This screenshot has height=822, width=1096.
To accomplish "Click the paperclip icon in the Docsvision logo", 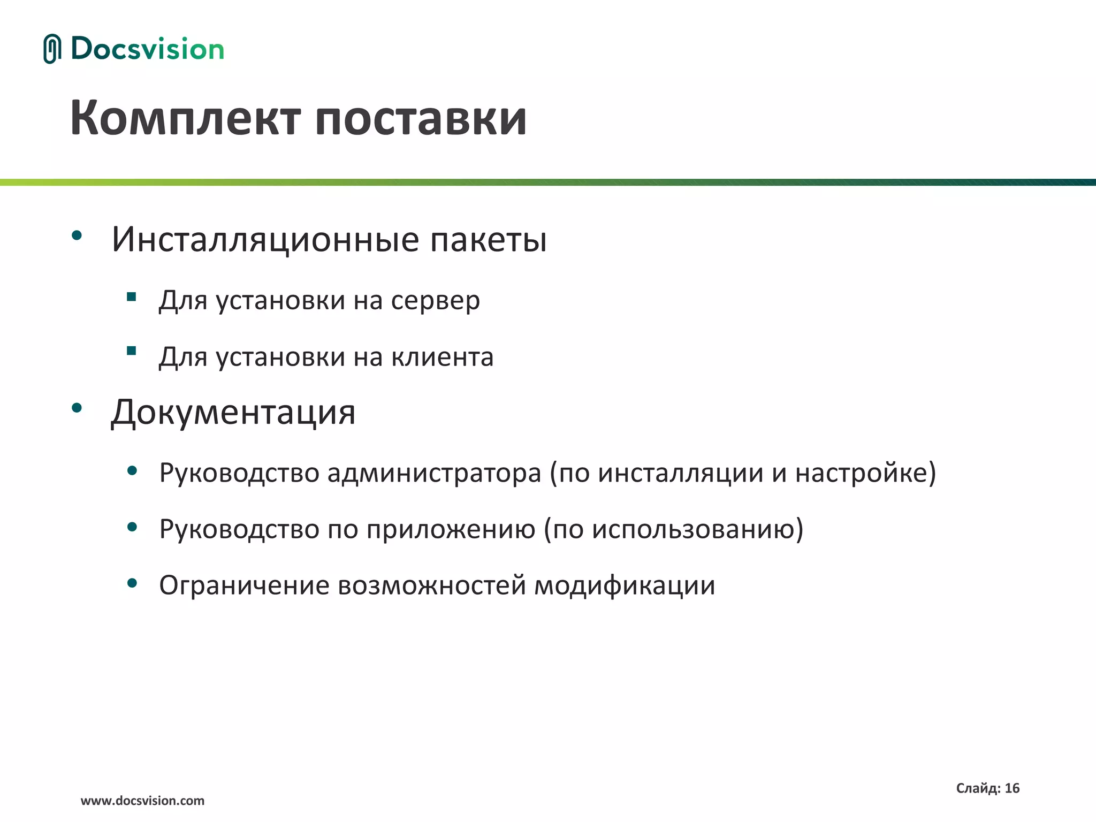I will coord(52,49).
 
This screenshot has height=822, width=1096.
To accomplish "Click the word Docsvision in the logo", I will coord(147,49).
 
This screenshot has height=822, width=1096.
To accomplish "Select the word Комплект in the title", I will coord(185,118).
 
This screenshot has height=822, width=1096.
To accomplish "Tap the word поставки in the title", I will coord(421,118).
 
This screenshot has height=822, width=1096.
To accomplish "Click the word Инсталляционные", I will coord(265,239).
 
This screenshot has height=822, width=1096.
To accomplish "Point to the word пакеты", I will coord(488,240).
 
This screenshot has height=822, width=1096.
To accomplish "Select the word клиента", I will coord(442,357).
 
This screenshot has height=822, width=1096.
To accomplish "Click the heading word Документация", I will coord(233,413).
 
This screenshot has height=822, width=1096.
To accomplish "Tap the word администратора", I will coord(434,473).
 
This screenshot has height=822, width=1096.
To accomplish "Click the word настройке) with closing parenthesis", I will coord(865,473).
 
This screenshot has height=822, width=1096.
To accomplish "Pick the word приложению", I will coord(451,529).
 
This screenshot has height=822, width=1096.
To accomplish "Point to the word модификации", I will coord(625,585).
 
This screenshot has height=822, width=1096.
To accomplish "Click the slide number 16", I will coord(1012,788).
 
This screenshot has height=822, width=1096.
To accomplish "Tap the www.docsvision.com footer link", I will coord(142,801).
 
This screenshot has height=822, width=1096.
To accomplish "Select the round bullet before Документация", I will coord(77,408).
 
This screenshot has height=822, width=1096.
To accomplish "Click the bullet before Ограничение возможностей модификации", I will coord(132,583).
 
